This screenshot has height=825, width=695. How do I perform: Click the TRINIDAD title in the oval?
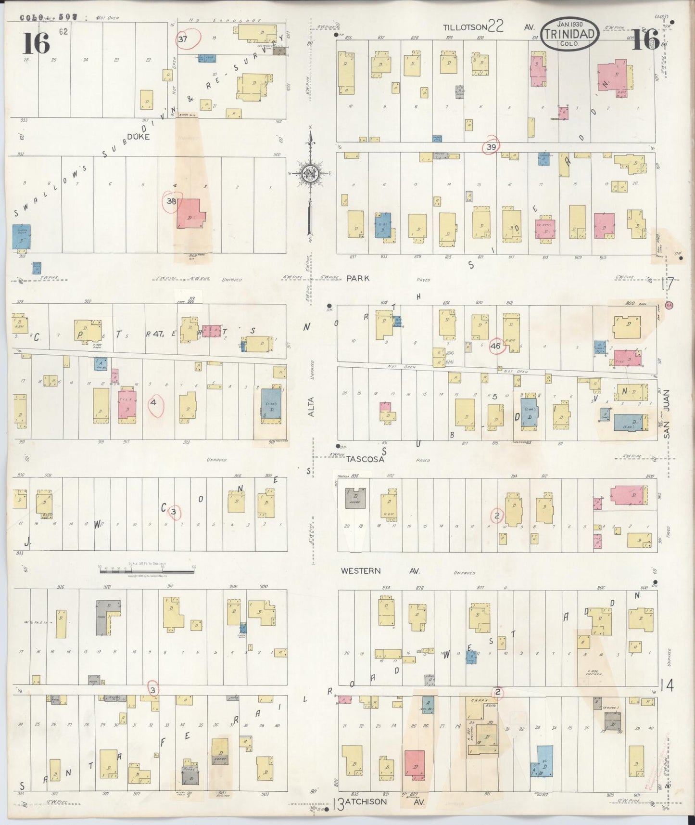pyautogui.click(x=570, y=34)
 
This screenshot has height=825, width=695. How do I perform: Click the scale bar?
pyautogui.click(x=147, y=570)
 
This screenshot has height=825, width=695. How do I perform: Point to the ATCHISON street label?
pyautogui.click(x=366, y=801)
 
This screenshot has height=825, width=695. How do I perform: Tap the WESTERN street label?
pyautogui.click(x=361, y=571)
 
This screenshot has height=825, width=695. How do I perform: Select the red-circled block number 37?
pyautogui.click(x=183, y=39)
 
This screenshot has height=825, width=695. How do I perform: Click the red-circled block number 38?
pyautogui.click(x=171, y=201)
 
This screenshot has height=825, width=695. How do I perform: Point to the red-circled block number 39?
pyautogui.click(x=491, y=147)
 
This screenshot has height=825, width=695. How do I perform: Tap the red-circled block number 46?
pyautogui.click(x=496, y=346)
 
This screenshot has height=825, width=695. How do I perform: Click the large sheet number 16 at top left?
pyautogui.click(x=36, y=43)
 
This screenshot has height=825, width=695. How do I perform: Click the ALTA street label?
pyautogui.click(x=311, y=406)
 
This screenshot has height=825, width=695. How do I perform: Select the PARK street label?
pyautogui.click(x=358, y=278)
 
